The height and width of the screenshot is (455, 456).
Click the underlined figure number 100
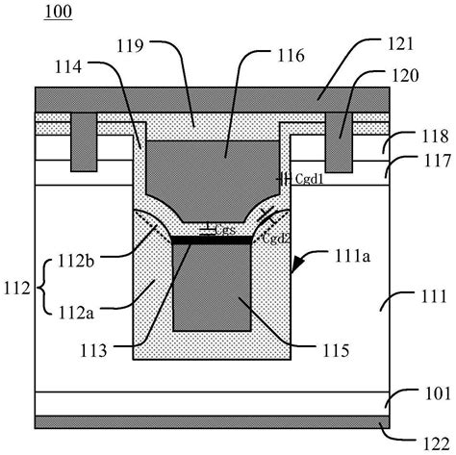coord(58,13)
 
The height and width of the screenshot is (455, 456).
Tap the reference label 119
coord(130,46)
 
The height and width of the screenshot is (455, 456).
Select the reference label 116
coord(291,56)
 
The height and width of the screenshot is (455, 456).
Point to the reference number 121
coord(400,43)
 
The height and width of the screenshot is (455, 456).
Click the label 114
coord(68,67)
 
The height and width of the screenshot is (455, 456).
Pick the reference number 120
coord(405,76)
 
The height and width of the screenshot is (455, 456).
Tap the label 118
coord(435,137)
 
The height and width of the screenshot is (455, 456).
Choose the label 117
coord(438,161)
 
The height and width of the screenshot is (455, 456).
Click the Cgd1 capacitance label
coord(309,179)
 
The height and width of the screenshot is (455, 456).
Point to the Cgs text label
coord(225,230)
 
